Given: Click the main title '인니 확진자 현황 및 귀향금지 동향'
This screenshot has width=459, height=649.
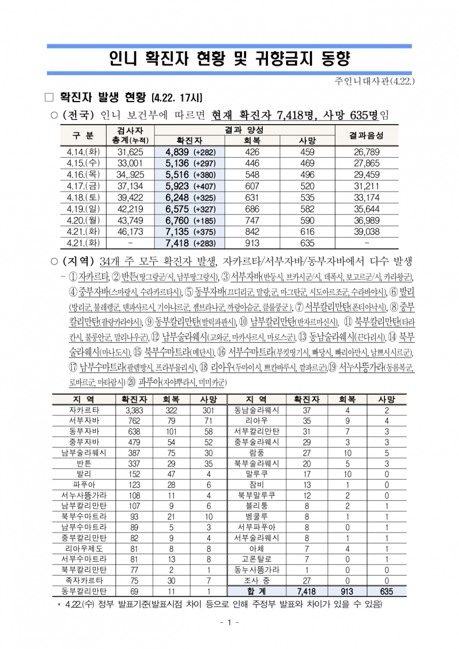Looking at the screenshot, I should point(229,59).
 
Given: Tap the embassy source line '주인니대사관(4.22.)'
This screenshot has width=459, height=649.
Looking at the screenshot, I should point(376,81).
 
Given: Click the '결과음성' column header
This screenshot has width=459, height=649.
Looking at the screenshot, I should point(366,135).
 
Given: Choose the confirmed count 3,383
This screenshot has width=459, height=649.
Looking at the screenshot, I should point(134,410).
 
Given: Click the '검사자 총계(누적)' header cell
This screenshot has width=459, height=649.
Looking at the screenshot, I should point(129,135).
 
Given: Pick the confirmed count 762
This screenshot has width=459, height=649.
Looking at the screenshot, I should point(134,421).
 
